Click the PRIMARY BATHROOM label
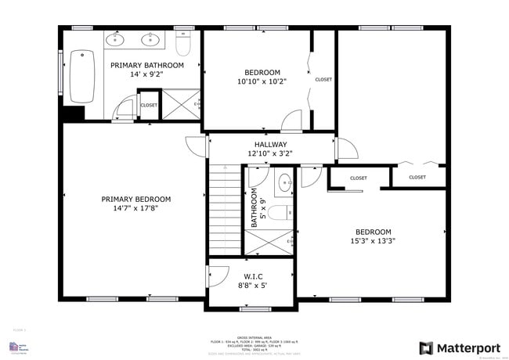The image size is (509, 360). tap(147, 65)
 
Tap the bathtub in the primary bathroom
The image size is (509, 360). tap(81, 77)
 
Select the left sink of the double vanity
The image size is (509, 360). tap(115, 38)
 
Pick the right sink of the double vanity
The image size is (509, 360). tap(149, 38)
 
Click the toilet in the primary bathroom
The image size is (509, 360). tap(183, 45)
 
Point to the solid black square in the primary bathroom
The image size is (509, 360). tap(73, 113)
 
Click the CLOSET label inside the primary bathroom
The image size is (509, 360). tap(149, 105)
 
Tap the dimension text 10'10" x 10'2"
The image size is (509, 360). tap(262, 81)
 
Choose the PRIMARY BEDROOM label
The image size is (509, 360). tap(135, 199)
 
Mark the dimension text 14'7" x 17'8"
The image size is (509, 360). tap(135, 209)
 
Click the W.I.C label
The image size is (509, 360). tap(252, 275)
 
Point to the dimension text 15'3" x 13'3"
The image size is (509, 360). tap(374, 241)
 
